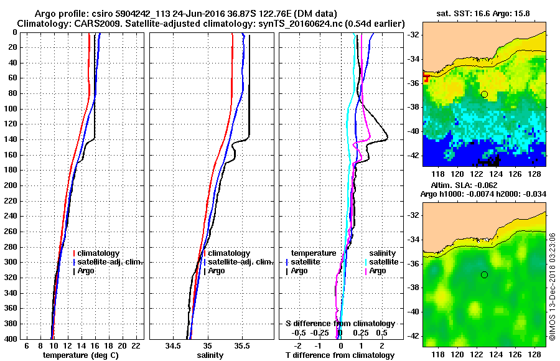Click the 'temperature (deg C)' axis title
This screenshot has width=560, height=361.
[x=81, y=355]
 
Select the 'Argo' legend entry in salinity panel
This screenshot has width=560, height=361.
[x=217, y=271]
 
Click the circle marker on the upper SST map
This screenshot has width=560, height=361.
[x=484, y=94]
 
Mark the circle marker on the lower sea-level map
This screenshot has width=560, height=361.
[x=484, y=274]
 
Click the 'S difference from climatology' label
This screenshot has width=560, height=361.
[x=340, y=324]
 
